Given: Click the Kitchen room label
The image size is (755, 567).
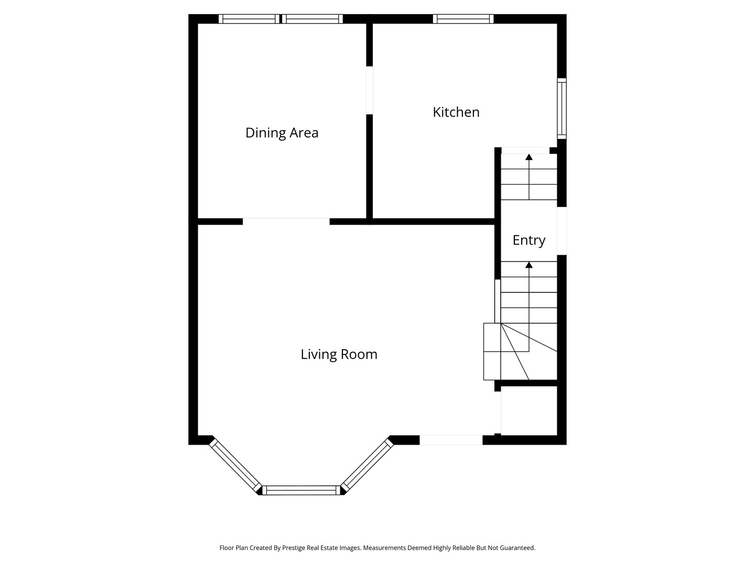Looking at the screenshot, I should click(x=456, y=112).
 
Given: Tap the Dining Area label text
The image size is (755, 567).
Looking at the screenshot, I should click(x=282, y=133).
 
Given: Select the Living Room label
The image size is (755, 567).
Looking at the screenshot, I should click(x=339, y=354).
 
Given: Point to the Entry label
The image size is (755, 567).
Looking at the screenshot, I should click(x=528, y=240).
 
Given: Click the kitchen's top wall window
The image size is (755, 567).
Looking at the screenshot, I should click(x=463, y=19).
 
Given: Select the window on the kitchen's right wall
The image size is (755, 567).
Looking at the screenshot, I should click(x=562, y=109).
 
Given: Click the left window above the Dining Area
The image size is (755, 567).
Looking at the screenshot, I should click(x=249, y=19).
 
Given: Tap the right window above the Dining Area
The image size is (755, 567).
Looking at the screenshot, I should click(x=312, y=19).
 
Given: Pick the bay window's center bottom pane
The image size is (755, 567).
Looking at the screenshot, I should click(x=301, y=490).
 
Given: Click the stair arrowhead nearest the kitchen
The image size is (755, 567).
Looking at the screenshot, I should click(x=529, y=157).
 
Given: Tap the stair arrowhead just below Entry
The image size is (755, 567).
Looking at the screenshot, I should click(x=529, y=265).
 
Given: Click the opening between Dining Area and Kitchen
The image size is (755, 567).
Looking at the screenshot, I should click(x=369, y=90).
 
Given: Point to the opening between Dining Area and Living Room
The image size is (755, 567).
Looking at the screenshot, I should click(x=286, y=221).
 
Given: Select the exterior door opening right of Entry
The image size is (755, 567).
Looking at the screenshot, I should click(x=562, y=231).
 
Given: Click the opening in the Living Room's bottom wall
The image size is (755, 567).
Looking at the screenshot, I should click(x=451, y=440).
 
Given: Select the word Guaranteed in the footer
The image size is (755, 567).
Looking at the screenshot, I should click(x=516, y=548).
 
